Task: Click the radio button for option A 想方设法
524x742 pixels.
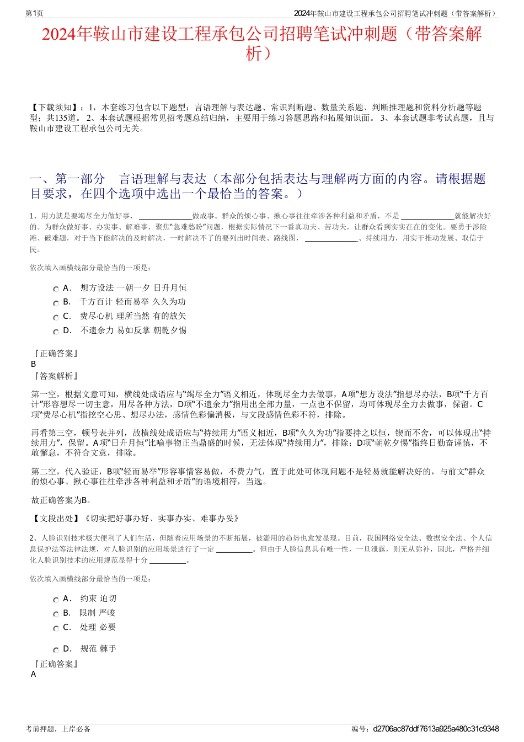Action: pyautogui.click(x=56, y=289)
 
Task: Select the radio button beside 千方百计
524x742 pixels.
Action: pyautogui.click(x=56, y=303)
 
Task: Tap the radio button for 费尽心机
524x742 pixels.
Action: pyautogui.click(x=56, y=318)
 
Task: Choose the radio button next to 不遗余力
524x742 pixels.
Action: pyautogui.click(x=56, y=332)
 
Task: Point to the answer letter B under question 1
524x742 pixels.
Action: pyautogui.click(x=34, y=364)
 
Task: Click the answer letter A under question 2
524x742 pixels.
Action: pyautogui.click(x=34, y=674)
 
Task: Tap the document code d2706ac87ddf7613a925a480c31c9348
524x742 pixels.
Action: pyautogui.click(x=436, y=729)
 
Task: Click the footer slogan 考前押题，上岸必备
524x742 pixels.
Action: pyautogui.click(x=58, y=729)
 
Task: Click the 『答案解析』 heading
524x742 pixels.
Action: pyautogui.click(x=55, y=376)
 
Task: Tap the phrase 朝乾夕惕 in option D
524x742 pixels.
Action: pyautogui.click(x=170, y=330)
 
